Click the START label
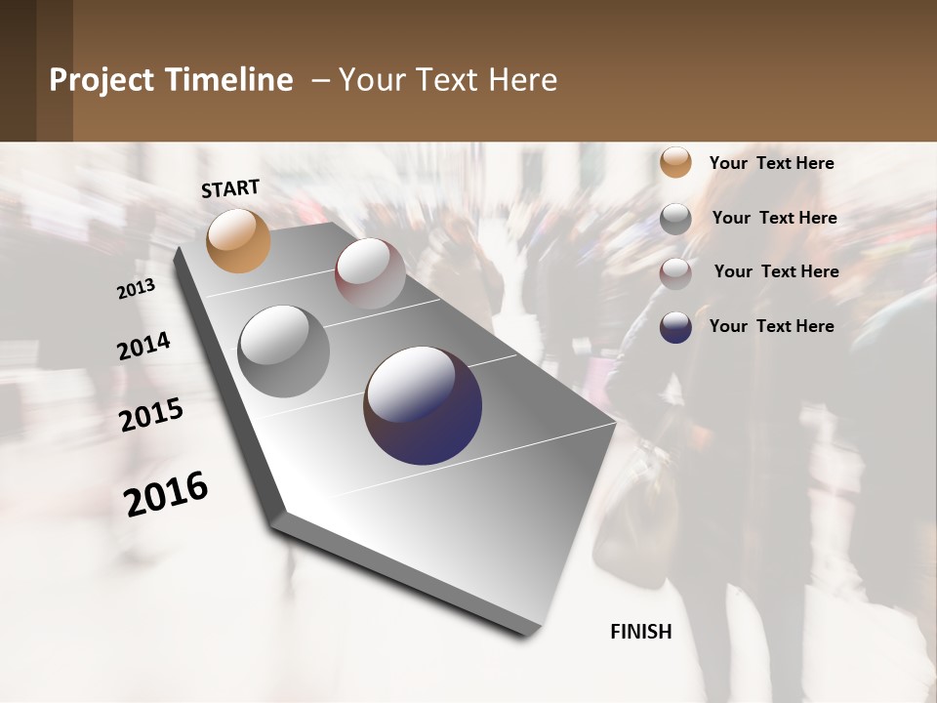click(x=230, y=188)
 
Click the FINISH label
click(x=640, y=632)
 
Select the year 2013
click(x=136, y=289)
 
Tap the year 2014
click(x=143, y=347)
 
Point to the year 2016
click(x=166, y=493)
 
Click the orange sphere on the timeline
click(x=238, y=240)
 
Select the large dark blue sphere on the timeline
click(x=423, y=405)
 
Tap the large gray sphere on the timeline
click(x=283, y=351)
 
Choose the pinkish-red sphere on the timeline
click(x=370, y=273)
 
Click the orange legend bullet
click(x=675, y=162)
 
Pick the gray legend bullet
click(x=675, y=219)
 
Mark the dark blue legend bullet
click(x=675, y=327)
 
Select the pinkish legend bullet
click(x=675, y=273)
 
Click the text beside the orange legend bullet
click(x=771, y=163)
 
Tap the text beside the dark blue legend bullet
click(x=771, y=326)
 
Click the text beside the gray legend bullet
click(x=774, y=218)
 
